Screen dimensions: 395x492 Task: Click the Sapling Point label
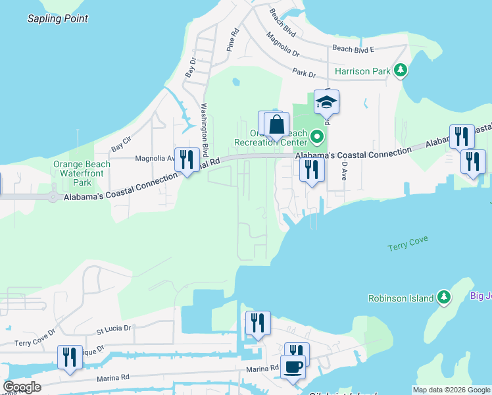click(58, 18)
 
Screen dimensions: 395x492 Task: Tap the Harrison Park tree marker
click(400, 70)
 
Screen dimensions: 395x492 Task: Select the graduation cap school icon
click(326, 102)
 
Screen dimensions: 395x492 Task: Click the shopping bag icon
click(277, 124)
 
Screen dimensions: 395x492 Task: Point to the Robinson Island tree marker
click(445, 298)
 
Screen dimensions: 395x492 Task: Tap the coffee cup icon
click(293, 365)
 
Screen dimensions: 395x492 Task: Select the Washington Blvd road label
click(205, 129)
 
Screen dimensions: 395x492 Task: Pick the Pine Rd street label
click(231, 41)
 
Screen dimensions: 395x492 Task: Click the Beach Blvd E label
click(353, 49)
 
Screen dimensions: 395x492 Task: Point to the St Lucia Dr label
click(114, 327)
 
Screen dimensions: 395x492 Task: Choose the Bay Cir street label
click(122, 144)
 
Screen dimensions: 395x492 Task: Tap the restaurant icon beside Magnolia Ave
click(187, 159)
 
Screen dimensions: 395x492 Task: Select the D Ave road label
click(343, 170)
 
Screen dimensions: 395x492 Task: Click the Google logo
click(22, 387)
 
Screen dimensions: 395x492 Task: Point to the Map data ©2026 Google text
click(451, 390)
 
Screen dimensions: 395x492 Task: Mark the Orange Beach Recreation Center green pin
click(318, 137)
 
